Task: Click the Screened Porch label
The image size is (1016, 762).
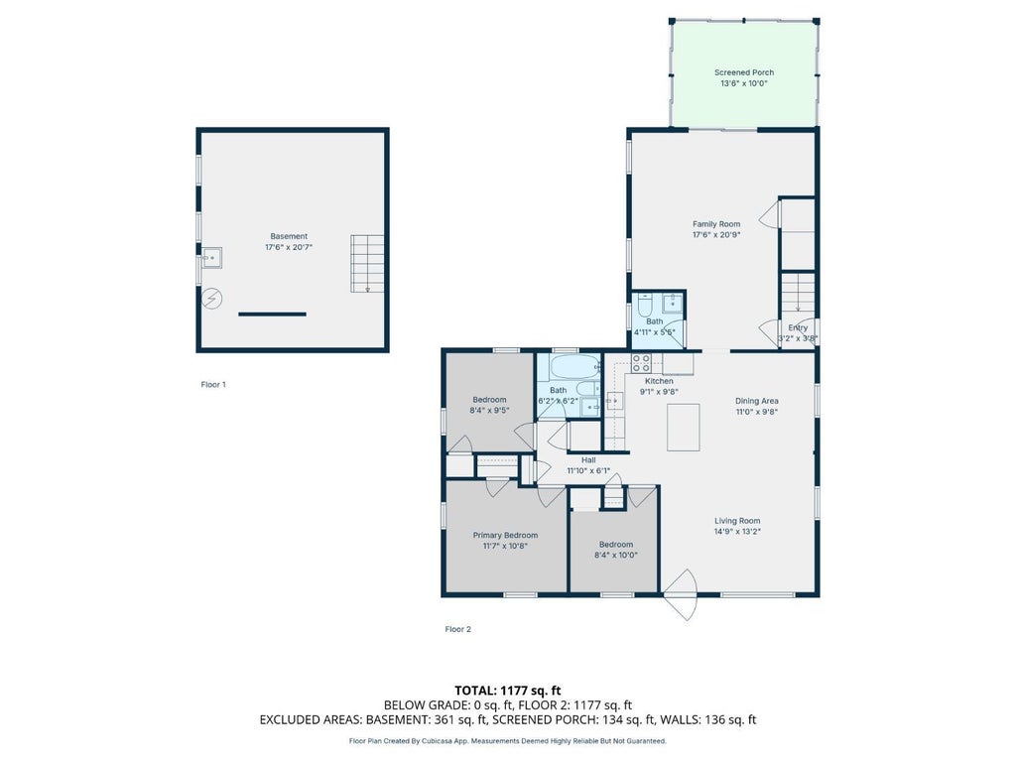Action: click(744, 72)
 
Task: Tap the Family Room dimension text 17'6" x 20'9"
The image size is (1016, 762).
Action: click(716, 235)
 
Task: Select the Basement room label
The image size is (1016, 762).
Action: click(289, 236)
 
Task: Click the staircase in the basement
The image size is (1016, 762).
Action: click(367, 264)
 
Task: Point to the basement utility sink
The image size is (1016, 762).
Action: click(211, 258)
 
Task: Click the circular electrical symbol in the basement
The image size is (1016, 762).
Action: click(212, 299)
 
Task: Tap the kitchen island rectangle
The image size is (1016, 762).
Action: click(684, 427)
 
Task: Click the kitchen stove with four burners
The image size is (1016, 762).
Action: click(641, 363)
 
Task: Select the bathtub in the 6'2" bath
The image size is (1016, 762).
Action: click(575, 368)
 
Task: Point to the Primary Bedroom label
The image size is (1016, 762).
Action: click(505, 535)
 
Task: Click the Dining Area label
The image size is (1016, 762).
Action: click(757, 401)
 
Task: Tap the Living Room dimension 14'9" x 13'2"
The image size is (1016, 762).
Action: click(737, 532)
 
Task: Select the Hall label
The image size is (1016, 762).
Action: click(588, 460)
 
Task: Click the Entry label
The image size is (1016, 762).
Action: click(798, 327)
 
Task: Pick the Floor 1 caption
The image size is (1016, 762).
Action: click(213, 384)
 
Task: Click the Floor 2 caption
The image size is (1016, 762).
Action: click(458, 629)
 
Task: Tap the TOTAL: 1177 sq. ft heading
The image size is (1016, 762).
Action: click(507, 691)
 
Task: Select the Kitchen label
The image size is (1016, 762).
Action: click(659, 381)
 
